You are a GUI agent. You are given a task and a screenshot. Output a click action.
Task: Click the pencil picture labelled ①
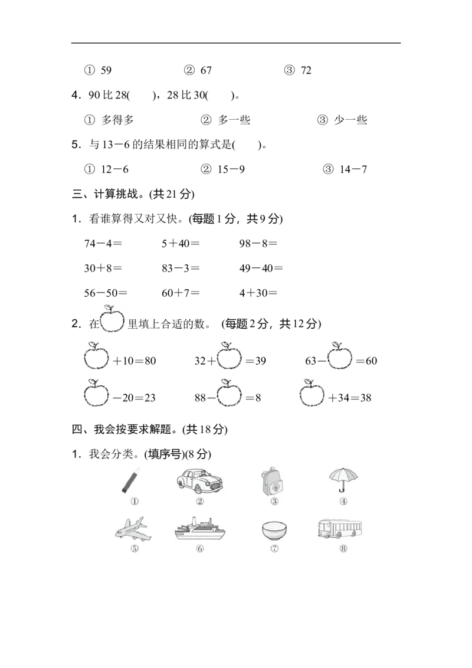130,481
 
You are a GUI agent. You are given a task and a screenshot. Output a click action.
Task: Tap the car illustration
200,481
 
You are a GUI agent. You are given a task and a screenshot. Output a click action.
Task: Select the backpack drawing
272,481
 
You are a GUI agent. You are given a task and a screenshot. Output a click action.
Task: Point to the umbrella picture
343,480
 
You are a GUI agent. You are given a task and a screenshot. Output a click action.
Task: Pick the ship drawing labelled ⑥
200,529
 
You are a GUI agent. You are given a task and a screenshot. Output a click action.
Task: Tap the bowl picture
274,531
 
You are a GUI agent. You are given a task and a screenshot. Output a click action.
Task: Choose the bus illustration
339,529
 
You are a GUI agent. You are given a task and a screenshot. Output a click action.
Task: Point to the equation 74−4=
103,244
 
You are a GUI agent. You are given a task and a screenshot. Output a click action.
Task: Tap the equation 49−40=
261,268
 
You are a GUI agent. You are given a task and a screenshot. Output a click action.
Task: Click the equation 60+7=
181,293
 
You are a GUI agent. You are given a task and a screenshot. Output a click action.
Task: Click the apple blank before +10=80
96,356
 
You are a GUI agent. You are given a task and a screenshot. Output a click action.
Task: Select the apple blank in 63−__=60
340,356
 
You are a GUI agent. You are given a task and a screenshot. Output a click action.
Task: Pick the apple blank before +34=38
312,393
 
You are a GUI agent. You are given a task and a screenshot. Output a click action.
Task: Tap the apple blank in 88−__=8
229,393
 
